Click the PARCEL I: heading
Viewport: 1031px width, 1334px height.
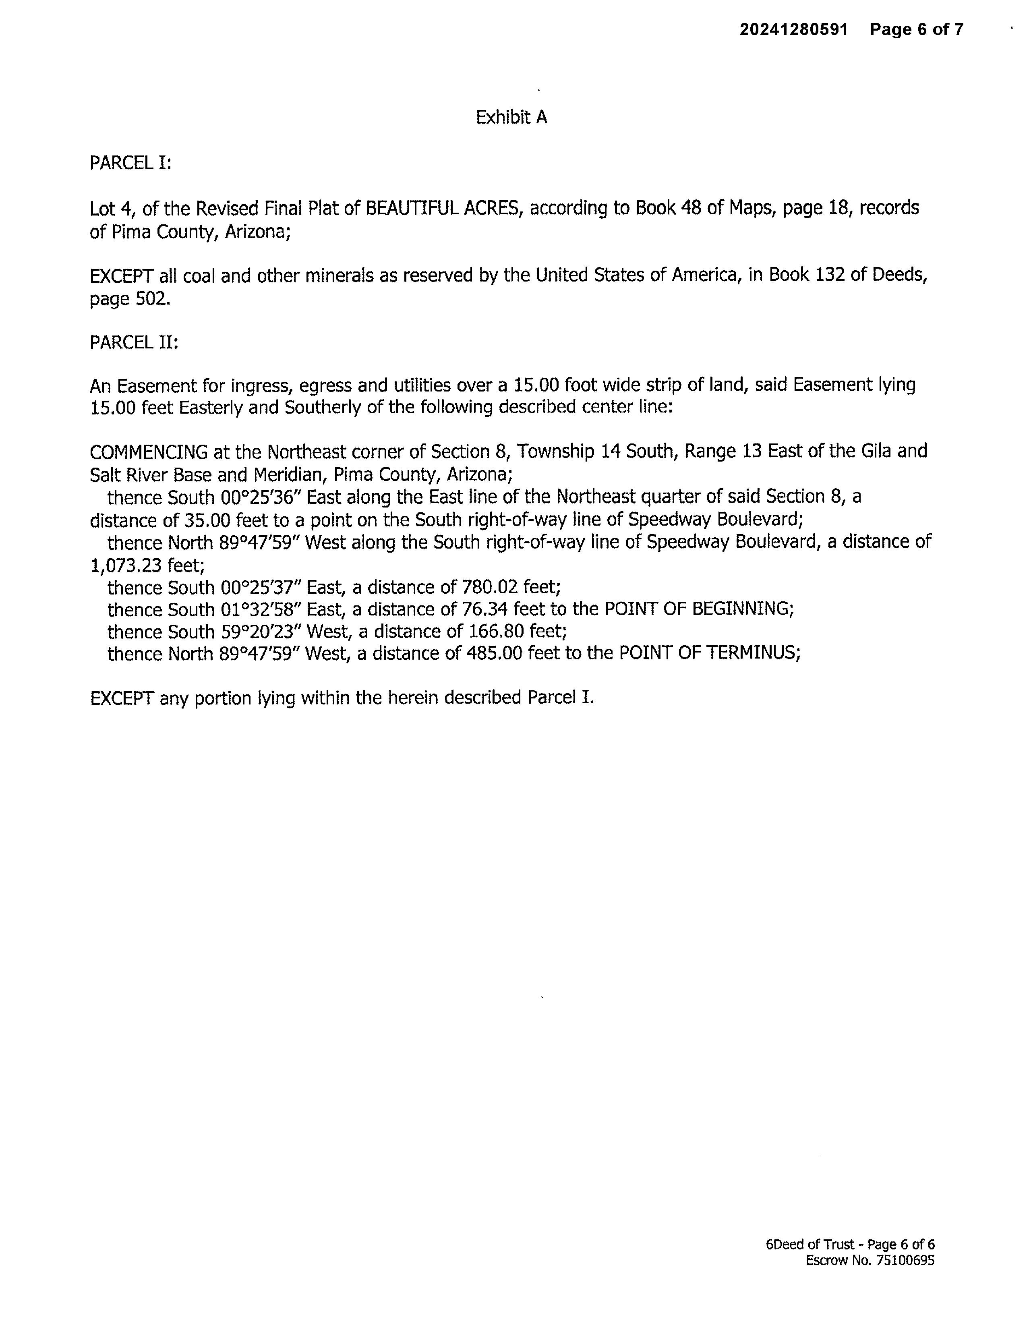(x=130, y=163)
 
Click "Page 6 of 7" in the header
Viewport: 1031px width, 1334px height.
(x=916, y=29)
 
